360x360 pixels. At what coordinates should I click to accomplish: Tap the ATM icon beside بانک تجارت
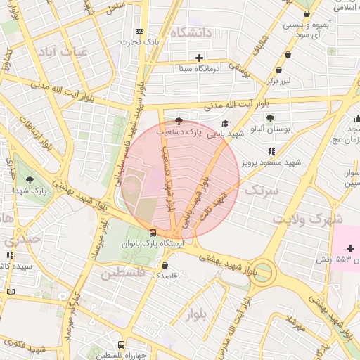pyautogui.click(x=139, y=31)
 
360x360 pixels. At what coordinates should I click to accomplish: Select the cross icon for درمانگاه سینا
pyautogui.click(x=200, y=58)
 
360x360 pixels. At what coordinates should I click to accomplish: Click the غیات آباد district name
pyautogui.click(x=61, y=51)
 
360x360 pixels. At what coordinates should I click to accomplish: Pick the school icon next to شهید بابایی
pyautogui.click(x=225, y=123)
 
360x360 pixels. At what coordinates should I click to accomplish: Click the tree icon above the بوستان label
pyautogui.click(x=271, y=117)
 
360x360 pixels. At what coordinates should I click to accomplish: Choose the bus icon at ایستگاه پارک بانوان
pyautogui.click(x=153, y=233)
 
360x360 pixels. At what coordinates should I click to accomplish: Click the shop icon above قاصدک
pyautogui.click(x=165, y=266)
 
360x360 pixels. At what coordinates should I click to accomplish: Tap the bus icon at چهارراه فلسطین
pyautogui.click(x=122, y=345)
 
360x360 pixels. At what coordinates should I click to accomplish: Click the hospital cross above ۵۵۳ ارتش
pyautogui.click(x=350, y=249)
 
